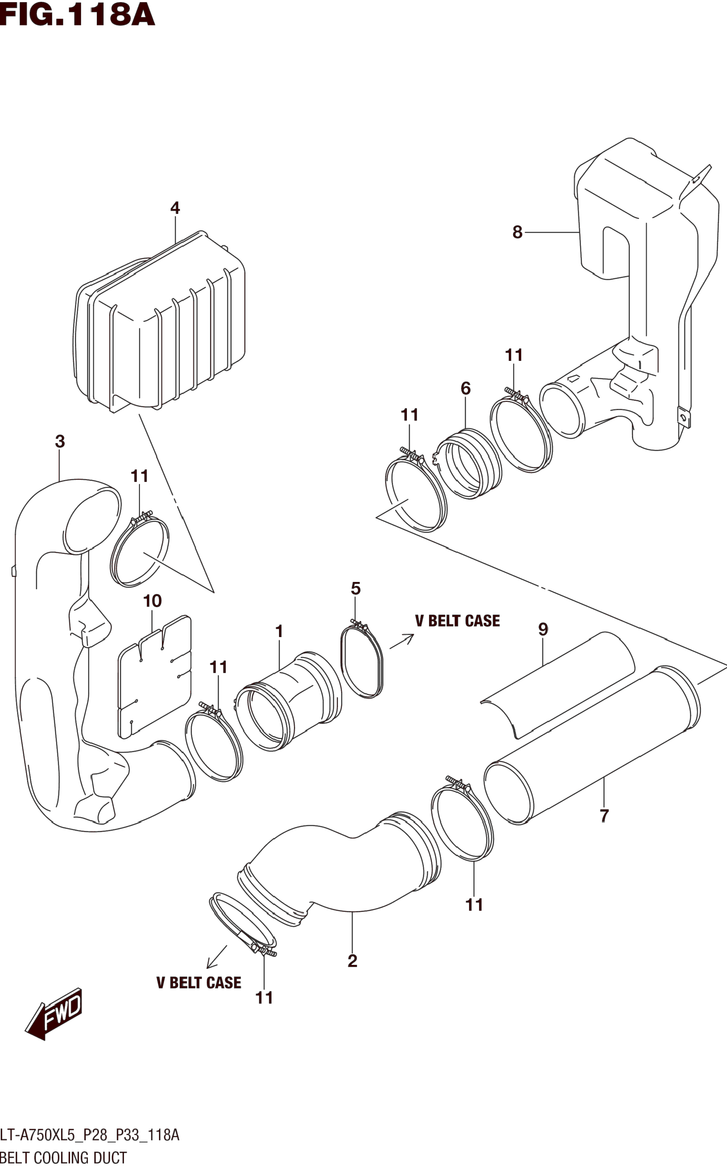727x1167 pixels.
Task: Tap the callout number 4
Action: click(x=175, y=208)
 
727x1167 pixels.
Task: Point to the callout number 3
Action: click(x=60, y=442)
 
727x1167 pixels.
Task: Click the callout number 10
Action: click(x=152, y=601)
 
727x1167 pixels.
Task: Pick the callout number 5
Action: click(x=356, y=589)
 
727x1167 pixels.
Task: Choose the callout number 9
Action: click(x=543, y=629)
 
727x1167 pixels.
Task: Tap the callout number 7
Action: click(x=604, y=816)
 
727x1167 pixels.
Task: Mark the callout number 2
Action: click(x=352, y=961)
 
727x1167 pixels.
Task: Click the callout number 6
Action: click(x=465, y=388)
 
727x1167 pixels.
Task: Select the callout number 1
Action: click(x=279, y=631)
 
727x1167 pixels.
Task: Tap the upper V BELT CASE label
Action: click(x=458, y=621)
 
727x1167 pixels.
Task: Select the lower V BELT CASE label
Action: click(x=198, y=982)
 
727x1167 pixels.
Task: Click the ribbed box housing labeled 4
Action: click(x=160, y=322)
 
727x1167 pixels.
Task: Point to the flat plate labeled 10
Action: click(x=154, y=676)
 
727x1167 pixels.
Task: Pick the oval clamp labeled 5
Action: click(x=362, y=660)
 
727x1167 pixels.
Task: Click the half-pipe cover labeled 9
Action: click(x=558, y=685)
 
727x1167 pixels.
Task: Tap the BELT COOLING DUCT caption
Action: click(x=63, y=1158)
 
